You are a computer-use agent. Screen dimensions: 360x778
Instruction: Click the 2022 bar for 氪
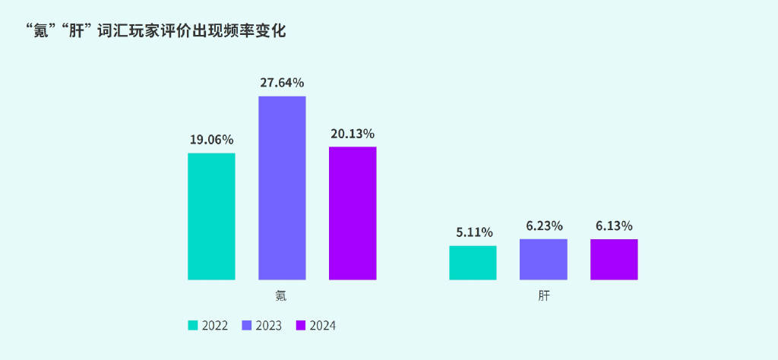click(x=211, y=216)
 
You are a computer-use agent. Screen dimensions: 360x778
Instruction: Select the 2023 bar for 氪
click(x=282, y=188)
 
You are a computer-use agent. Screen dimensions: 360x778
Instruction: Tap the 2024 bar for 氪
click(x=353, y=213)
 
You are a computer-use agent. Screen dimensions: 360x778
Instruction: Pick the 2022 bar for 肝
click(x=473, y=263)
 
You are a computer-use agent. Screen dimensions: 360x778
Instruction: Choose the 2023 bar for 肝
click(x=543, y=259)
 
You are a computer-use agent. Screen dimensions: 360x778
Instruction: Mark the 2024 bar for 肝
click(x=614, y=259)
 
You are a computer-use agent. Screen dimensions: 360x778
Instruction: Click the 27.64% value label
click(x=282, y=82)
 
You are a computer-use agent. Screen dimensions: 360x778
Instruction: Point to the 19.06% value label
click(x=211, y=140)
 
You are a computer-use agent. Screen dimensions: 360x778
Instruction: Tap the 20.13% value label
click(x=353, y=134)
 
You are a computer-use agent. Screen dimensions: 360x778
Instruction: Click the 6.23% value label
click(x=544, y=226)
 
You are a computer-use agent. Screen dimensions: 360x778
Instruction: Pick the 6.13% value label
click(x=614, y=226)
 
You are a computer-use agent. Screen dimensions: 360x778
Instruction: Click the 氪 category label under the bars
click(x=281, y=295)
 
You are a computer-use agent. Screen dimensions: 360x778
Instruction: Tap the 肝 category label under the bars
click(x=543, y=295)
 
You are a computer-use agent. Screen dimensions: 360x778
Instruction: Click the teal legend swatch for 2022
click(x=193, y=326)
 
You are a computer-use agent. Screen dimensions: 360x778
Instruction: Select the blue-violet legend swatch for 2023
click(x=247, y=326)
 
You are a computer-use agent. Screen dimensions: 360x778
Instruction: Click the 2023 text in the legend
click(x=269, y=326)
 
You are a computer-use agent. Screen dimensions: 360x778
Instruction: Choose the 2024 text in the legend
click(x=322, y=326)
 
